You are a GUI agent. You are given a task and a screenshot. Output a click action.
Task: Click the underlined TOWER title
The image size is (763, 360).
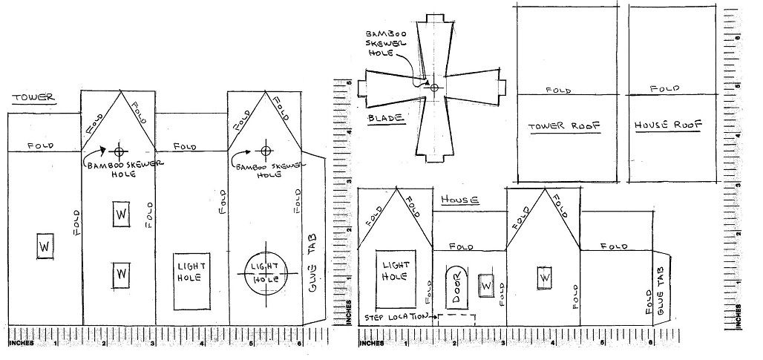(33, 97)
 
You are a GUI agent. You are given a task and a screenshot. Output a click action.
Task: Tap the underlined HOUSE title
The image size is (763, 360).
(460, 200)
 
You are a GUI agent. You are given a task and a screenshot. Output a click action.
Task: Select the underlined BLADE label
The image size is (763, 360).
(387, 118)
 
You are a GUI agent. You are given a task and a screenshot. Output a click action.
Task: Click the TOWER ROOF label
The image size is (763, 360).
(565, 126)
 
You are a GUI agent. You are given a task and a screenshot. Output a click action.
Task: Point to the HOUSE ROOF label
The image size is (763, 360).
(668, 125)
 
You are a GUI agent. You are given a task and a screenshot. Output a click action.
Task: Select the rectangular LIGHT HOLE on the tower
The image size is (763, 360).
(191, 281)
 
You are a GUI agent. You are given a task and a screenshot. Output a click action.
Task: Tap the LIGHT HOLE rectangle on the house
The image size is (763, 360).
(396, 279)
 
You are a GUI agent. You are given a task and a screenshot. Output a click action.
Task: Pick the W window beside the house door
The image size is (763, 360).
(485, 286)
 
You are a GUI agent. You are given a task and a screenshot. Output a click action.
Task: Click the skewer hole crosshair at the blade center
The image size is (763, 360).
(434, 88)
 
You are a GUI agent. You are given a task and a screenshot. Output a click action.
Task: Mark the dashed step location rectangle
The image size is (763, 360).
(456, 315)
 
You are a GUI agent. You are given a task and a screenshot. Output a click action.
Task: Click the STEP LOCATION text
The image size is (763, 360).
(395, 317)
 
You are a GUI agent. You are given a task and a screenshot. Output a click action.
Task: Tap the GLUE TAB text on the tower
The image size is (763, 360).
(312, 262)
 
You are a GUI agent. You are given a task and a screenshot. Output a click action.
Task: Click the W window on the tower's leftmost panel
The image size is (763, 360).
(45, 246)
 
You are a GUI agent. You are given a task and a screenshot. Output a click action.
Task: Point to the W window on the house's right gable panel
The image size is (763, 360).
(545, 278)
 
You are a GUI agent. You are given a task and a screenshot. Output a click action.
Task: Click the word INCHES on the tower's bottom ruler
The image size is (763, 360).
(22, 343)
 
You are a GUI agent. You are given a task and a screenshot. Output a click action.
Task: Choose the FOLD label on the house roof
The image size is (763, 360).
(664, 89)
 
